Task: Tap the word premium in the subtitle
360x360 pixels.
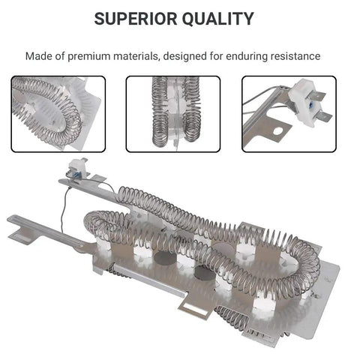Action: point(89,56)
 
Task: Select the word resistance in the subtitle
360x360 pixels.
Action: point(295,56)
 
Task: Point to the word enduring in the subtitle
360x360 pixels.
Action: point(247,56)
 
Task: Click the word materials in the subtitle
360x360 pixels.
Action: point(136,56)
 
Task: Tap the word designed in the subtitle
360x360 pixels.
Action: point(185,56)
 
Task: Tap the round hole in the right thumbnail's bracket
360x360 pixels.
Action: point(277,131)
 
